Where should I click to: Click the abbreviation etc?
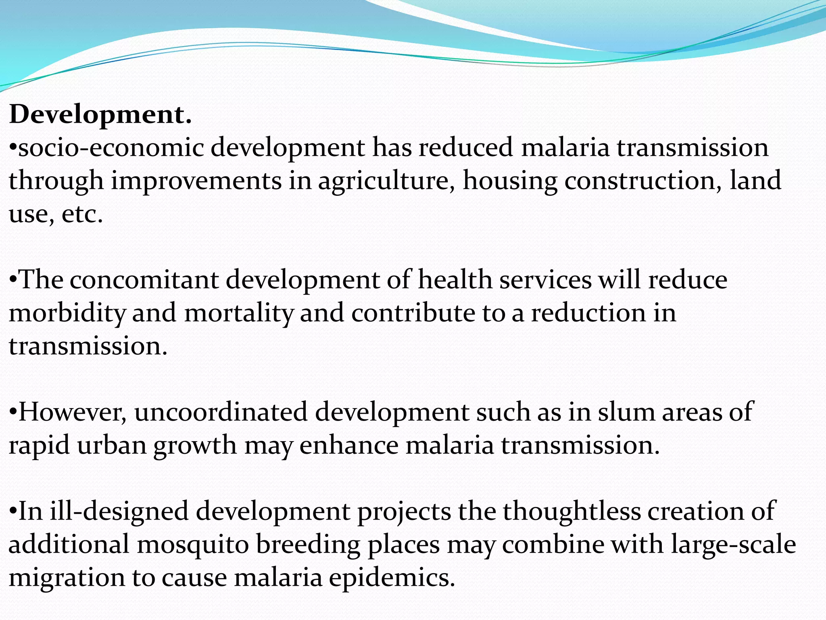click(x=82, y=214)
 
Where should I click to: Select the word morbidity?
click(x=67, y=314)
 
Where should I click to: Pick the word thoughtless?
click(x=572, y=512)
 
